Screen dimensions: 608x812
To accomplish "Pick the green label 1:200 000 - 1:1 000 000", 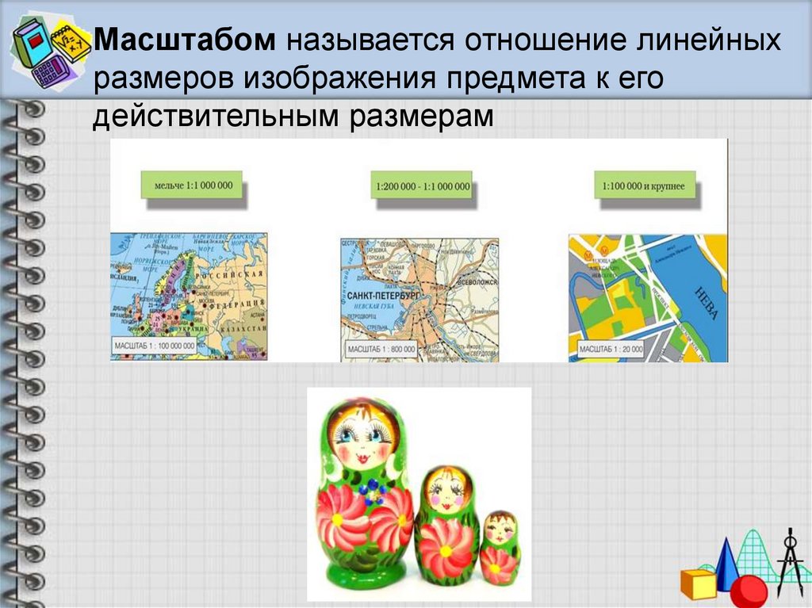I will pyautogui.click(x=420, y=187).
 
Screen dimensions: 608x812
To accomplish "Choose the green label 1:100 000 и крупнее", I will pyautogui.click(x=644, y=186).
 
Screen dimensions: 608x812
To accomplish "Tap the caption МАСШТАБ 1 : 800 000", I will pyautogui.click(x=380, y=348).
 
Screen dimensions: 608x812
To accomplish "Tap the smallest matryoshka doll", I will pyautogui.click(x=500, y=548).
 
